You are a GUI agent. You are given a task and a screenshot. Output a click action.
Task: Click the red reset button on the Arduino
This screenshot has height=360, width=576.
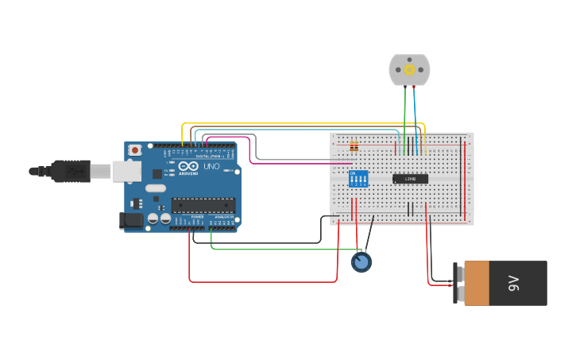click(135, 149)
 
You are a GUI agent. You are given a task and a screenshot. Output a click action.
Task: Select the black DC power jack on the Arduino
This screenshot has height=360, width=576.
click(130, 220)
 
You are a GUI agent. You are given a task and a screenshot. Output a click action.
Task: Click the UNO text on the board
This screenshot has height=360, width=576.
click(211, 167)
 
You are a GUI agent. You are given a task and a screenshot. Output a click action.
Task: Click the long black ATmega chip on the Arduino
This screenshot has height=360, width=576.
click(203, 205)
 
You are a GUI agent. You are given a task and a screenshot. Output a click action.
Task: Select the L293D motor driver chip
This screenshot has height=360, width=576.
click(410, 179)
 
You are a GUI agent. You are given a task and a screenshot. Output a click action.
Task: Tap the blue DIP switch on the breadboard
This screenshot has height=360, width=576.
click(359, 179)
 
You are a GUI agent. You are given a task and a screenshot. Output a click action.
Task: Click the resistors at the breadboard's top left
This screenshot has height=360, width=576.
click(354, 146)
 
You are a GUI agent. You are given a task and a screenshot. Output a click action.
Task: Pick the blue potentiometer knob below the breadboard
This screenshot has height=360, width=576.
click(361, 262)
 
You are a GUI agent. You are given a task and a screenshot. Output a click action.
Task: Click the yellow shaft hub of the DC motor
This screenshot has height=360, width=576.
click(409, 70)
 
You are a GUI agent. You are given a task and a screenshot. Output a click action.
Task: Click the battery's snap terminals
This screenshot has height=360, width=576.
click(460, 284)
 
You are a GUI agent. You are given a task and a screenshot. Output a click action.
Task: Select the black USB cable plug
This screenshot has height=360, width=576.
click(72, 171)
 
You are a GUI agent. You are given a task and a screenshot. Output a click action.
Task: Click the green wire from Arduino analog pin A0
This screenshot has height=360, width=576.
click(278, 250)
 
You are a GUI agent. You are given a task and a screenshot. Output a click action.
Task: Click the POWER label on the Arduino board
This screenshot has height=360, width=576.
click(197, 216)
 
